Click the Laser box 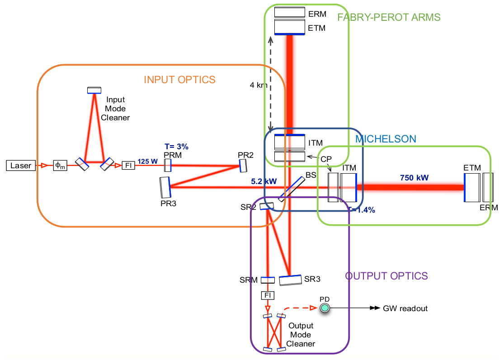pos(21,166)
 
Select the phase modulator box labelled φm pos(60,166)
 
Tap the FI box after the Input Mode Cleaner pos(128,166)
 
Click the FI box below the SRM pos(268,295)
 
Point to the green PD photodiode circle pos(325,308)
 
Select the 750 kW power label pos(413,177)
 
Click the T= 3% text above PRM pos(176,147)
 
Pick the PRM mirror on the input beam pos(168,165)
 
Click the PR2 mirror pos(243,166)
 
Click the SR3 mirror pos(290,279)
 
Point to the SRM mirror pos(268,280)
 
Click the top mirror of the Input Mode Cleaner pos(94,90)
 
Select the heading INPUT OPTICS pos(179,80)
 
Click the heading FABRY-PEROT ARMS pos(389,18)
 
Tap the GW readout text pos(405,308)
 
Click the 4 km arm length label pos(258,85)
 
